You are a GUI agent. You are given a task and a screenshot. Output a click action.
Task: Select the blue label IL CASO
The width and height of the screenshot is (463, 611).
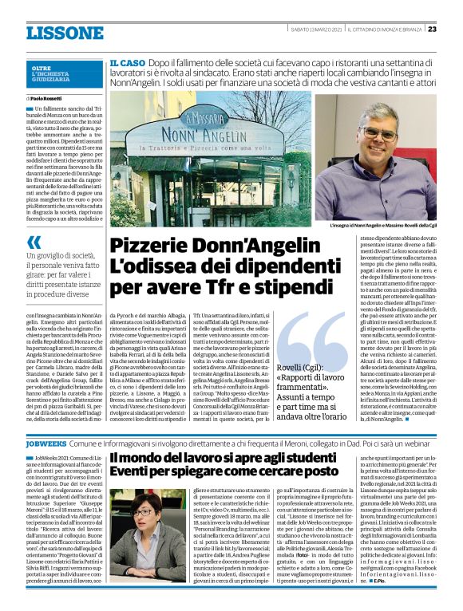[x=127, y=61]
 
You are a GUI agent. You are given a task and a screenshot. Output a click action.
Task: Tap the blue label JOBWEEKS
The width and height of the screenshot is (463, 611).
[x=46, y=440]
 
